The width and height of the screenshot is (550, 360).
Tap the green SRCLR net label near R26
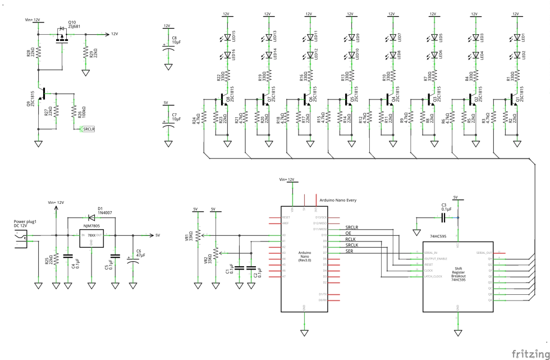pos(88,129)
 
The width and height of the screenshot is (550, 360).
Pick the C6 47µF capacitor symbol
pos(133,259)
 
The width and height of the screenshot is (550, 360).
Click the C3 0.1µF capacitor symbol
pos(444,217)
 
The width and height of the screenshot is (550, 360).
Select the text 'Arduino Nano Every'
pos(337,200)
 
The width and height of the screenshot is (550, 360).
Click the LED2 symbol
pos(517,54)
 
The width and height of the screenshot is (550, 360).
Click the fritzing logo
pos(528,352)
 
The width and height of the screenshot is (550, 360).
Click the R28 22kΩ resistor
pos(38,53)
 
